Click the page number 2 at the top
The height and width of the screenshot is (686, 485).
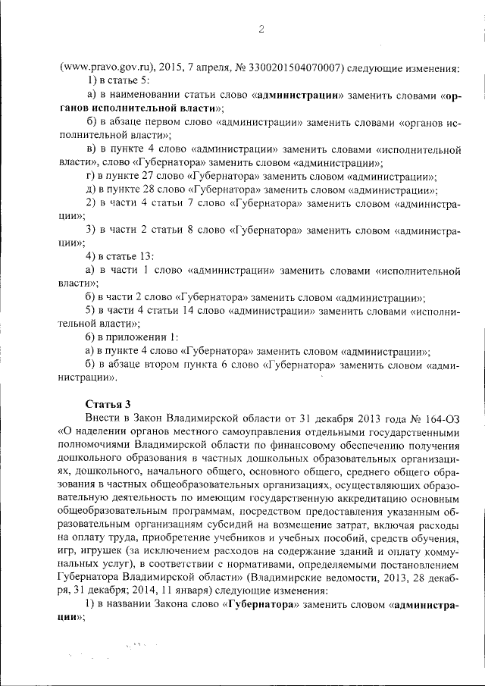(x=260, y=30)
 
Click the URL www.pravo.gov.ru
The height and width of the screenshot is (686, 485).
(x=102, y=67)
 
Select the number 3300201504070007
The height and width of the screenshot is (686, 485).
(x=292, y=67)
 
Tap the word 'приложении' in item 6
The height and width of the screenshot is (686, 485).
(x=142, y=337)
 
